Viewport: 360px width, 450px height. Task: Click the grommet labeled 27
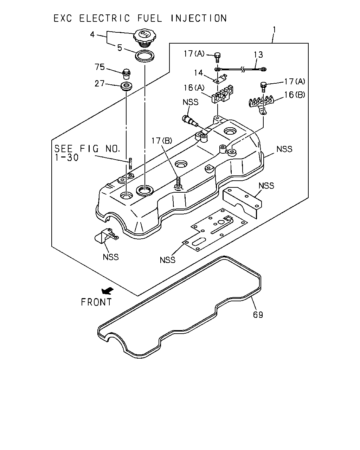tap(126, 86)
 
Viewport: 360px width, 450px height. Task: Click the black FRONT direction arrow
tap(107, 290)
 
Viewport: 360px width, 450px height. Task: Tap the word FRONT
tap(96, 302)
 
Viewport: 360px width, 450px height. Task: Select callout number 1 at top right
tap(275, 30)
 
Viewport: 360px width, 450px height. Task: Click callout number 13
tap(258, 55)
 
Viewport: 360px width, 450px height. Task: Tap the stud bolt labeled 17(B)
tap(178, 183)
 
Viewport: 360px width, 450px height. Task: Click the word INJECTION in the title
tap(199, 18)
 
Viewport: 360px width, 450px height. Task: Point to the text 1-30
tap(66, 157)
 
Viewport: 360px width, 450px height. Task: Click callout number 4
tap(92, 34)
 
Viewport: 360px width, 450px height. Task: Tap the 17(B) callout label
tap(162, 141)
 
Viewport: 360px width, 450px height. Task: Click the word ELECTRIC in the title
tap(104, 18)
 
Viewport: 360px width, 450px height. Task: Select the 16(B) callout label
tap(295, 95)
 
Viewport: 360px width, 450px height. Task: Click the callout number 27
tap(99, 84)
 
